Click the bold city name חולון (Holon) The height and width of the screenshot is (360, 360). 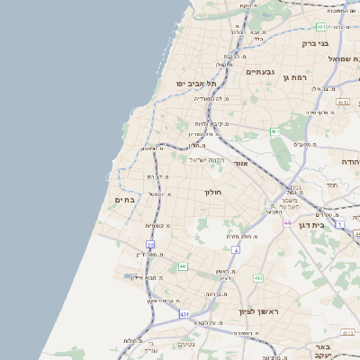(212, 192)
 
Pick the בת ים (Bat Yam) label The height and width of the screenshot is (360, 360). (126, 200)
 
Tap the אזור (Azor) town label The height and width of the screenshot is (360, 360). (240, 164)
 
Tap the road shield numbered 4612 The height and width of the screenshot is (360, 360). (342, 103)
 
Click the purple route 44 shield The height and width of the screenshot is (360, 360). (287, 222)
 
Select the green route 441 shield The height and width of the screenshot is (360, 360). (183, 266)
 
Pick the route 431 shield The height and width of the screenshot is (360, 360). (184, 314)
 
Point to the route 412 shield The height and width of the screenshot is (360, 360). (258, 278)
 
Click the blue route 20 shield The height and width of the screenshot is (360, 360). (150, 245)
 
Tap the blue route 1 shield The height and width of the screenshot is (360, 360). (340, 222)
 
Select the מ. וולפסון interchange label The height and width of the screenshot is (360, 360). (153, 148)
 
